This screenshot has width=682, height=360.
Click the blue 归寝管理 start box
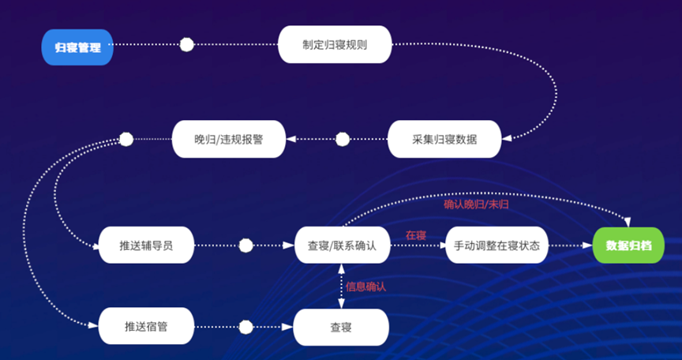pyautogui.click(x=77, y=47)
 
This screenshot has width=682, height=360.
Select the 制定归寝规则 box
pyautogui.click(x=335, y=45)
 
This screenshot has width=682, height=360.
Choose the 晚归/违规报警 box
pyautogui.click(x=229, y=139)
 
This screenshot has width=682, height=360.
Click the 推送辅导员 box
pyautogui.click(x=147, y=246)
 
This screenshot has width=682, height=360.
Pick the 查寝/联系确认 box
pyautogui.click(x=342, y=246)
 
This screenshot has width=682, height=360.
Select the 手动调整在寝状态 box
pyautogui.click(x=497, y=246)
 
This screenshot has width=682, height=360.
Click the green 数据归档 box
pyautogui.click(x=628, y=246)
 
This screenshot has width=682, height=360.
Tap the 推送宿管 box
pyautogui.click(x=147, y=326)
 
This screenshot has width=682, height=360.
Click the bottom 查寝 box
pyautogui.click(x=341, y=326)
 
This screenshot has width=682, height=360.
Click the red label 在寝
pyautogui.click(x=416, y=234)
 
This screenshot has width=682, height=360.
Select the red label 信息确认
pyautogui.click(x=366, y=286)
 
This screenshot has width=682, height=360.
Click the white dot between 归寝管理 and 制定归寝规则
pyautogui.click(x=186, y=45)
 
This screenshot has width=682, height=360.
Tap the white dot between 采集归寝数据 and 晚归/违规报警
pyautogui.click(x=343, y=140)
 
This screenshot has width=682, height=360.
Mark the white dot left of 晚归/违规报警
pyautogui.click(x=126, y=140)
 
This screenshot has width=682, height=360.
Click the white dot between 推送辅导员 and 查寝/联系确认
pyautogui.click(x=245, y=246)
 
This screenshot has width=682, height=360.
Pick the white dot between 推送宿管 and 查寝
pyautogui.click(x=245, y=326)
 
